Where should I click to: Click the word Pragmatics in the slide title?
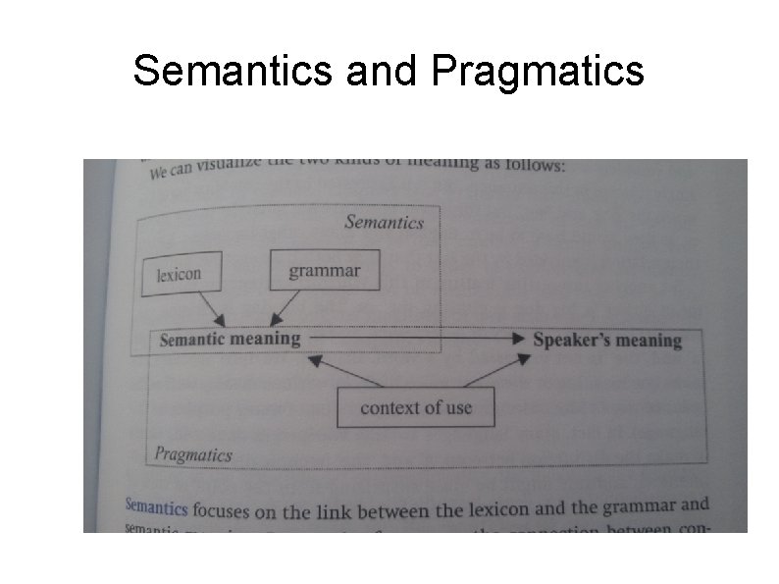pos(537,70)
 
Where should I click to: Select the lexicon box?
pos(182,275)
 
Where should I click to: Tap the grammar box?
pos(324,270)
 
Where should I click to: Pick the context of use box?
pos(415,407)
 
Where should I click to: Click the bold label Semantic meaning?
pos(230,340)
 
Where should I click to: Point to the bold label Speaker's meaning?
pos(606,341)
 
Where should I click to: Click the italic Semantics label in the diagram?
pos(384,222)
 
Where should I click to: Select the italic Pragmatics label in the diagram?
pos(192,454)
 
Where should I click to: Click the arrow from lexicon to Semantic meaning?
pos(212,310)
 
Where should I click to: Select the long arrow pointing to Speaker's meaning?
pos(412,339)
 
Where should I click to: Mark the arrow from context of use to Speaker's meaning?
pos(496,371)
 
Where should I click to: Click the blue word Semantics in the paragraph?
pos(156,507)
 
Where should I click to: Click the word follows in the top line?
pos(536,164)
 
